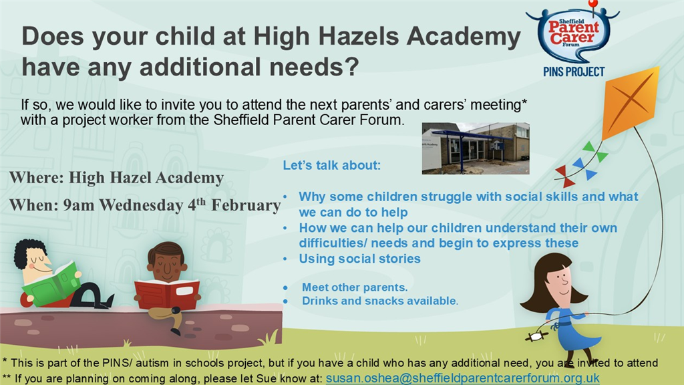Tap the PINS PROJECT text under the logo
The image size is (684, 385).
point(574,72)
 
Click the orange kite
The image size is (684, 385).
point(631,102)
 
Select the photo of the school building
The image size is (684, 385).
point(476,148)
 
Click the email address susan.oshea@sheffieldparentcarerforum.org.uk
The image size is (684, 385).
point(462,378)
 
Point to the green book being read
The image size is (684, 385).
point(51,283)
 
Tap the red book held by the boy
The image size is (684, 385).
point(166,293)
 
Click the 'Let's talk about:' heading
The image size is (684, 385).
point(331,166)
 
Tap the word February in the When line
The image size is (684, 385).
point(246,205)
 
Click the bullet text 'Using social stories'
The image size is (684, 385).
point(359,259)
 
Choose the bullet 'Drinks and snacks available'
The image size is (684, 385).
point(379,301)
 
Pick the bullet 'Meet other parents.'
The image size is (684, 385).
point(355,287)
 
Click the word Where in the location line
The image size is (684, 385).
point(37,178)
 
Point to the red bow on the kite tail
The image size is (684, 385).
point(564,176)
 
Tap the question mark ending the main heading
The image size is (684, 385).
point(350,68)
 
